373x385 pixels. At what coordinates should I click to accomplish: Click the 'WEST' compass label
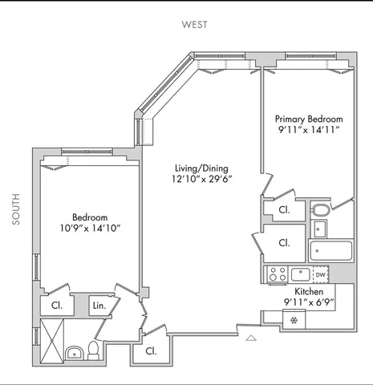tap(193, 25)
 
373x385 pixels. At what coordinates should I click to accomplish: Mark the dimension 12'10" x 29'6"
tap(201, 182)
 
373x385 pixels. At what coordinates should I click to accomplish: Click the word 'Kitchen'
tap(309, 291)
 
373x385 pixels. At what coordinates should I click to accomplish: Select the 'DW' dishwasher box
tap(321, 274)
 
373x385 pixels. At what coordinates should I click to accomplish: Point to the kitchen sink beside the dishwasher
tap(299, 274)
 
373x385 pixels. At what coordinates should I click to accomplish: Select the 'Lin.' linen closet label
tap(99, 306)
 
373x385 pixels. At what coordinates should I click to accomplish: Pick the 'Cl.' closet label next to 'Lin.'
tap(58, 306)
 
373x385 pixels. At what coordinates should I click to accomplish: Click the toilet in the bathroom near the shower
tap(93, 350)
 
